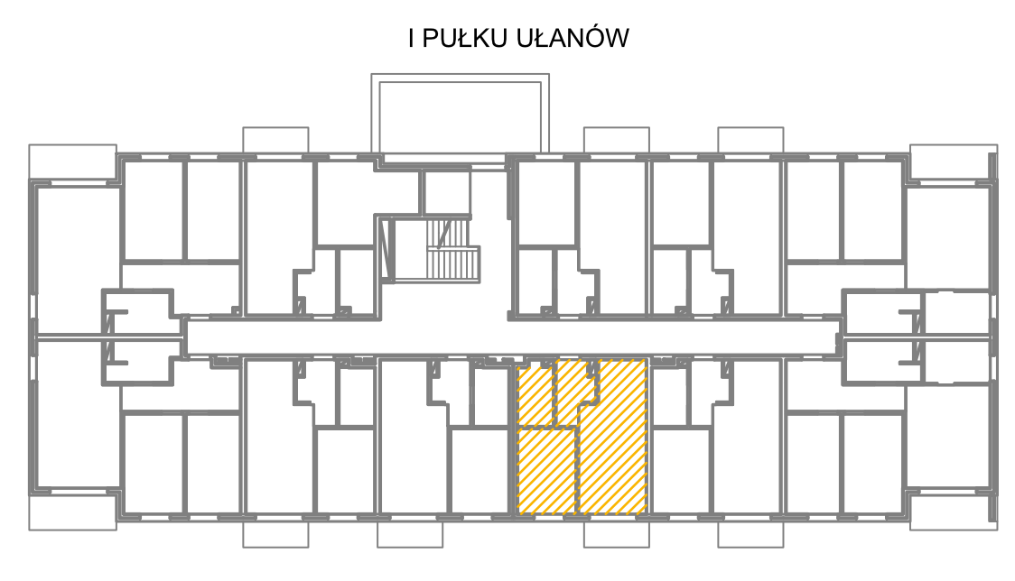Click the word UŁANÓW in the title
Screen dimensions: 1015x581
click(573, 38)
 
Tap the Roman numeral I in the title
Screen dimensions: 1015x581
click(412, 38)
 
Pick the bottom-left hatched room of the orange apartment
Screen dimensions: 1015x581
click(547, 472)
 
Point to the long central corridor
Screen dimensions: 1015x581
click(511, 337)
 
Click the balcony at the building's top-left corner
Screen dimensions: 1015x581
click(72, 161)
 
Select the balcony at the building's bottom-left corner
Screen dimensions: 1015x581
click(72, 512)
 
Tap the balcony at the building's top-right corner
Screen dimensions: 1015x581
click(953, 161)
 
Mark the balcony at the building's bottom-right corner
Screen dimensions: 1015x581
click(953, 512)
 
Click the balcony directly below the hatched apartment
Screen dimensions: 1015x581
click(616, 534)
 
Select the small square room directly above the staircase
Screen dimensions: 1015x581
click(446, 192)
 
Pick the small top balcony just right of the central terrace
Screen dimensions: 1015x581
click(616, 141)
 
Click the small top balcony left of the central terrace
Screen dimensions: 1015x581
click(275, 141)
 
